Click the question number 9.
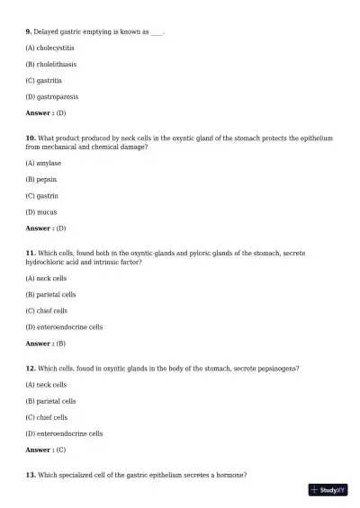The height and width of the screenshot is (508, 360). pos(29,31)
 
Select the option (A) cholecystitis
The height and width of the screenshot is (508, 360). pos(50,48)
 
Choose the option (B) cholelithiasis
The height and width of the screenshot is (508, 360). pos(50,64)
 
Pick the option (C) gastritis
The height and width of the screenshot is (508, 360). pos(44,80)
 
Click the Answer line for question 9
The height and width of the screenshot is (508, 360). pos(46,113)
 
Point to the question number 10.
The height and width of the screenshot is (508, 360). pos(31,138)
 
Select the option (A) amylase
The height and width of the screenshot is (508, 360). pos(44,163)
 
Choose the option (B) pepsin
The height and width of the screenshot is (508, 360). pos(41,179)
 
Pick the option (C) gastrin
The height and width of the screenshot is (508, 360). pos(42,195)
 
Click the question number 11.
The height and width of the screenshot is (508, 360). pos(31,254)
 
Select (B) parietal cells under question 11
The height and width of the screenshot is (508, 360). pos(50,294)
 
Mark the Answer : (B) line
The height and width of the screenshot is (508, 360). pos(46,343)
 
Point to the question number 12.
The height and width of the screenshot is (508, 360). pos(31,368)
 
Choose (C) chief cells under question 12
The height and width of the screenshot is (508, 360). pos(47,417)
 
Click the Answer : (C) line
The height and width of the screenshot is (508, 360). pos(46,450)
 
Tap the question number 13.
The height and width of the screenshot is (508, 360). pos(31,474)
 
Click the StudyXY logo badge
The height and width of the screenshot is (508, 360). pos(328,490)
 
